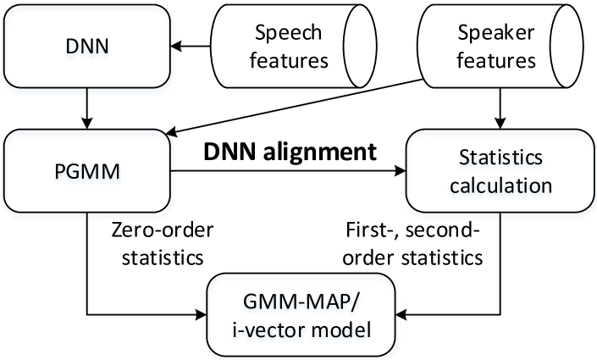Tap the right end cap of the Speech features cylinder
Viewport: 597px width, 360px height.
(359, 47)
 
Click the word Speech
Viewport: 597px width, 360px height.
(289, 33)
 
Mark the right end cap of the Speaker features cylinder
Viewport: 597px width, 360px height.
(567, 47)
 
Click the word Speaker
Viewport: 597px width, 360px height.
(496, 33)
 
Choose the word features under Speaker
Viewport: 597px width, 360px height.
(496, 60)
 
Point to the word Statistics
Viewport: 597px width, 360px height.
(501, 158)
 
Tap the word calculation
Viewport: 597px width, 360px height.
(501, 185)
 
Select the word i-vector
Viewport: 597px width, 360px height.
(269, 330)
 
